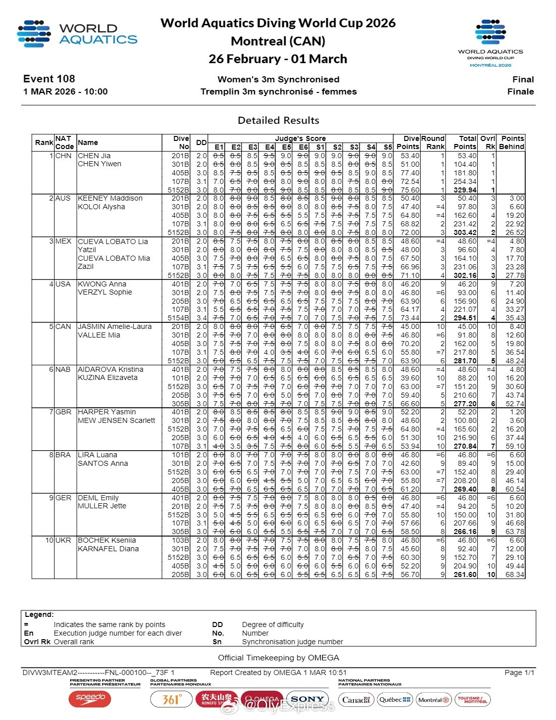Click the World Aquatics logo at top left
77,34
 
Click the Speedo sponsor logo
90,699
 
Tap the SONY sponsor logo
307,699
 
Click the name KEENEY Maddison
110,198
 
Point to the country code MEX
63,241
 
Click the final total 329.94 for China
465,190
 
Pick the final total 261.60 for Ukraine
465,574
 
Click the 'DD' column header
201,142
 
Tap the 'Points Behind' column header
512,142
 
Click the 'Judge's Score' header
300,138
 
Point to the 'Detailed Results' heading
278,120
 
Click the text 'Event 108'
49,79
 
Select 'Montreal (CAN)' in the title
278,41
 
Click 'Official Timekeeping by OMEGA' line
278,658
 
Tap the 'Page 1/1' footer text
519,673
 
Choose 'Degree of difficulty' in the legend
273,625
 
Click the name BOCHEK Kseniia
107,540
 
